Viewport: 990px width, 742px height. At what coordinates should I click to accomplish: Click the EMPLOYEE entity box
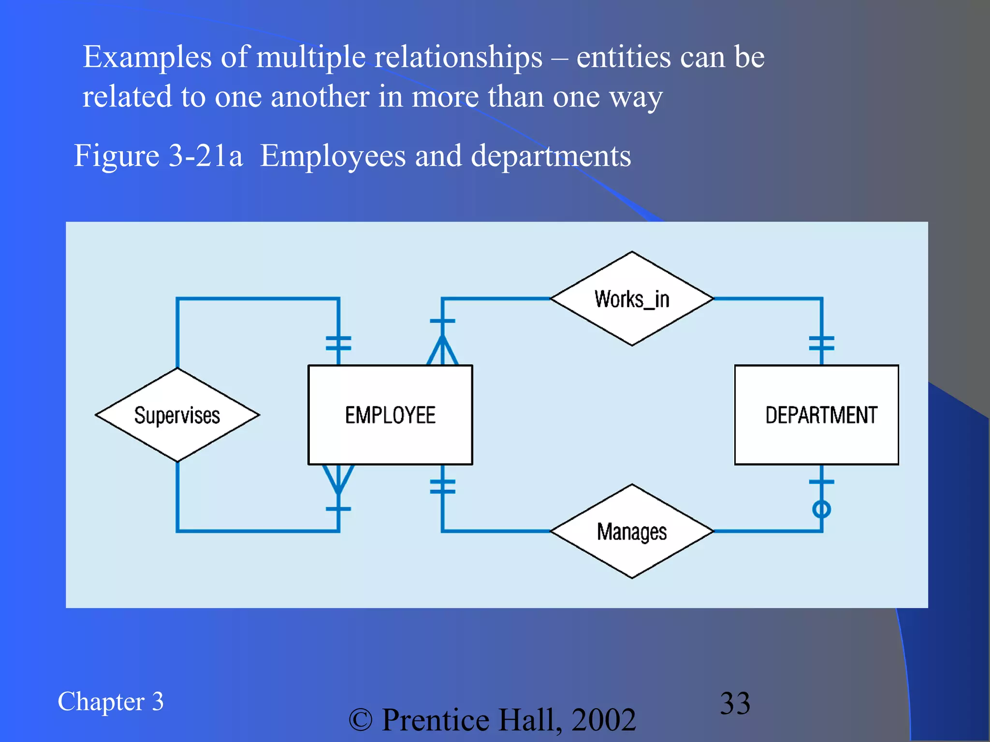[x=390, y=415]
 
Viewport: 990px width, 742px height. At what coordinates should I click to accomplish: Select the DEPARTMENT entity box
[x=816, y=415]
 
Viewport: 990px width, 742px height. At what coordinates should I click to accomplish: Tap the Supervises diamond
[x=177, y=415]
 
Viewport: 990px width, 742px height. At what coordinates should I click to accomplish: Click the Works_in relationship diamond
[x=632, y=299]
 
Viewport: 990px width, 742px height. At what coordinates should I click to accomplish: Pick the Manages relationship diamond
[x=632, y=531]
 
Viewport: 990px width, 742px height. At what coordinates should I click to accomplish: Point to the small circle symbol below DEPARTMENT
[x=822, y=509]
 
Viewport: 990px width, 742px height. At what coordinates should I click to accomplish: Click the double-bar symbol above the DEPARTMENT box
[x=822, y=343]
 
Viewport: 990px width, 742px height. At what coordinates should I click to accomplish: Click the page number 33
[x=735, y=703]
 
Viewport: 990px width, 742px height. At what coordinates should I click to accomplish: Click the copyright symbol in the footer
[x=361, y=720]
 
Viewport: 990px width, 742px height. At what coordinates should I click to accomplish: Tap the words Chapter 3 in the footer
[x=111, y=701]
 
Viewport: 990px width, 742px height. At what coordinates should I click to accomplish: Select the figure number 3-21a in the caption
[x=206, y=156]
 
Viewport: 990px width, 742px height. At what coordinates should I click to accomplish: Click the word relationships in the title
[x=458, y=57]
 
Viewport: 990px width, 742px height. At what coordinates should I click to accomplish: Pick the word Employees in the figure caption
[x=333, y=156]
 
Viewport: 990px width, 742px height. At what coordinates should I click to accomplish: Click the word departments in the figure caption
[x=551, y=156]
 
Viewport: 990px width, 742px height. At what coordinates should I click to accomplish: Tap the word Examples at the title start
[x=147, y=57]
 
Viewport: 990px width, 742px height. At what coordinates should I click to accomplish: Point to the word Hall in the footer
[x=526, y=720]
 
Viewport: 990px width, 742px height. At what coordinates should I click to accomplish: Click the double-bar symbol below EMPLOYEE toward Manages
[x=442, y=486]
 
